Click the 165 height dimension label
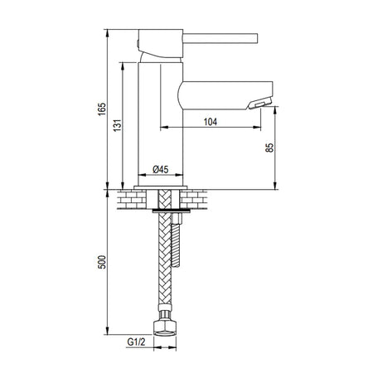[102, 109]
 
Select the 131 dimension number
[117, 125]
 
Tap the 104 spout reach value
[211, 122]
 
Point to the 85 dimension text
[269, 148]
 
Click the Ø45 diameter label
[161, 169]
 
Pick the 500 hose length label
[102, 262]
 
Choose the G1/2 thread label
[136, 342]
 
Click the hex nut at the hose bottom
[165, 328]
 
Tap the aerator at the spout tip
[259, 104]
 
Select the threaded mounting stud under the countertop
[176, 242]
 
